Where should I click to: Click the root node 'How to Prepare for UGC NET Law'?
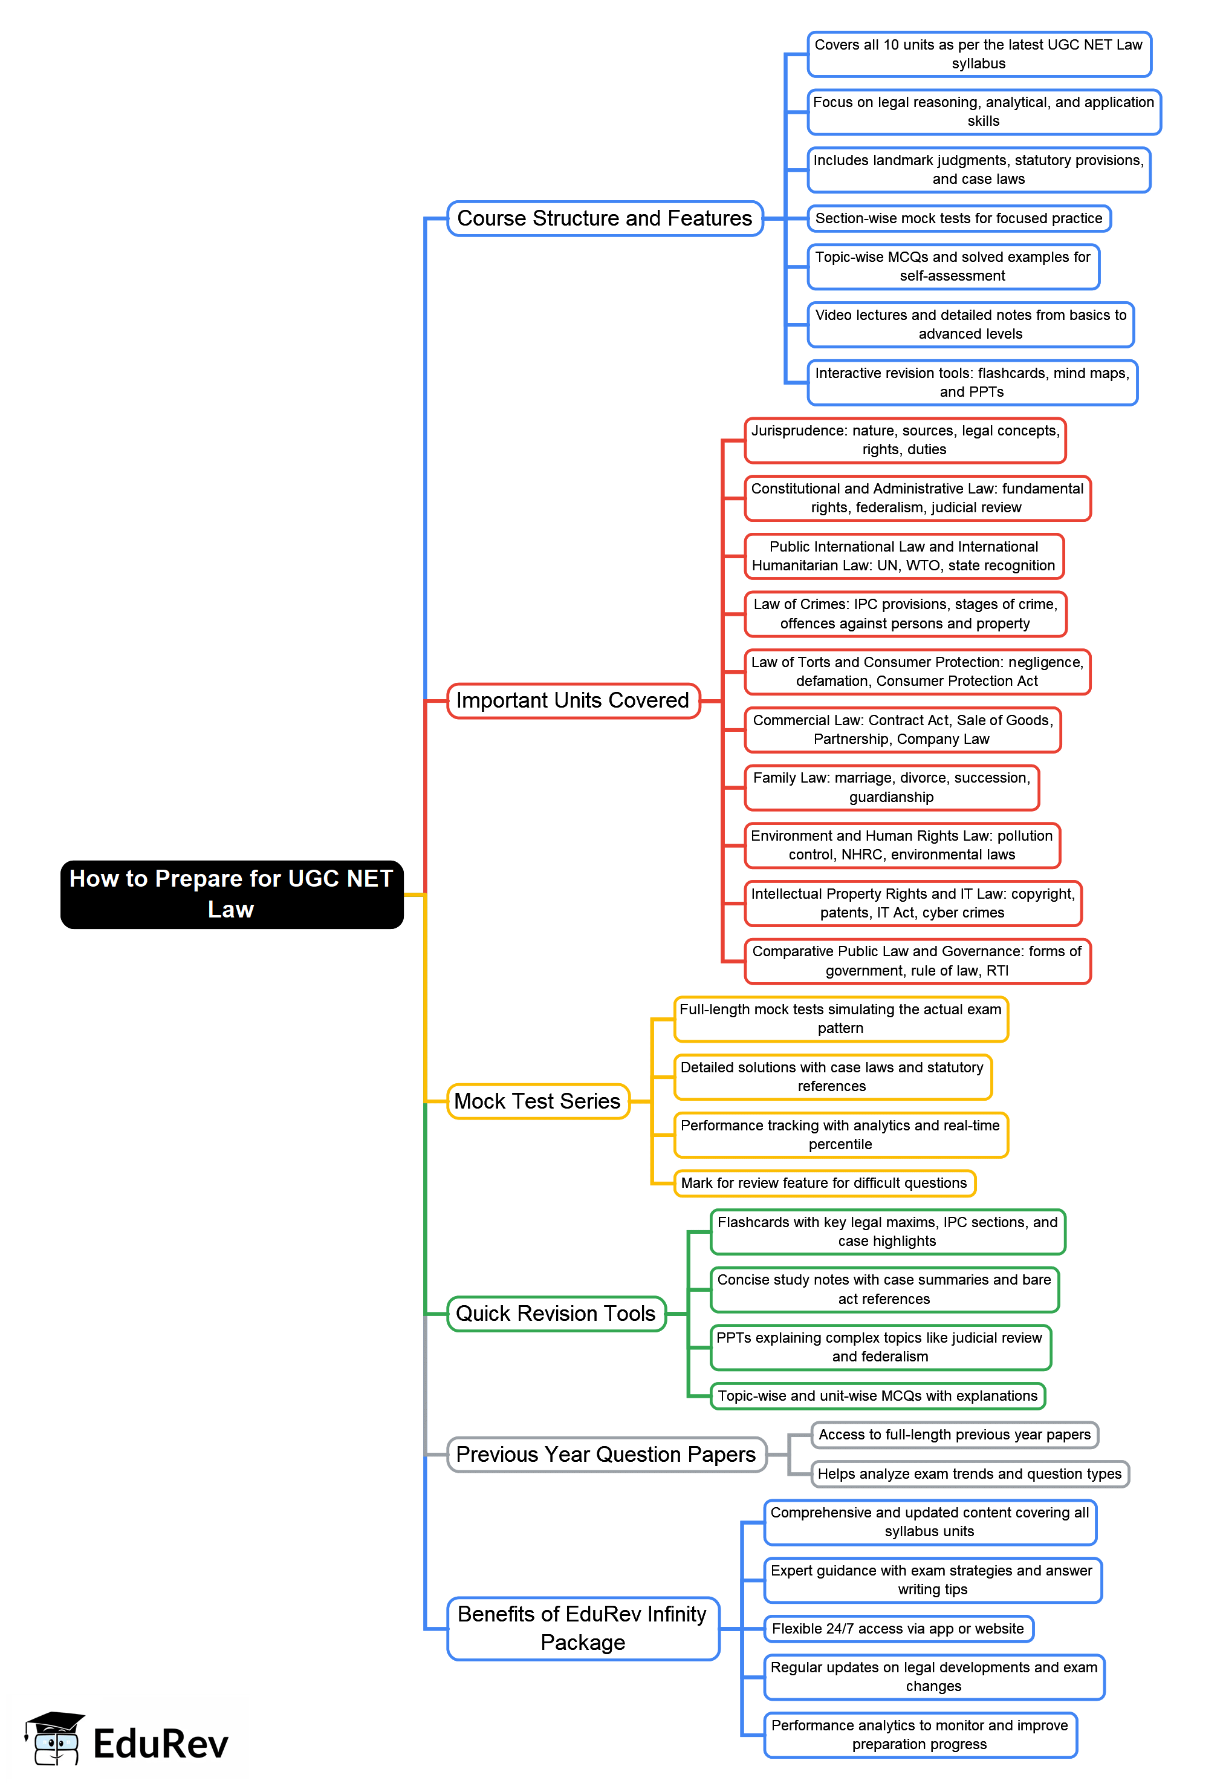[232, 894]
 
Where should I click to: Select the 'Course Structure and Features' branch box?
[604, 218]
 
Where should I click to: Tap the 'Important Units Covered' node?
[573, 700]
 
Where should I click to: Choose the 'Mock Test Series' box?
[537, 1101]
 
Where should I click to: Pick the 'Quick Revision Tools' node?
[556, 1313]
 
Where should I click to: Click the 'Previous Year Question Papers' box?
[606, 1454]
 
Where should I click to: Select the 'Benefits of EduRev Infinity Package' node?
[583, 1628]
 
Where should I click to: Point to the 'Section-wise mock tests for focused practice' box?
[958, 218]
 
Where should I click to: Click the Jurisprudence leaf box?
[904, 440]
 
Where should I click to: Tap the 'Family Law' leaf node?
[891, 787]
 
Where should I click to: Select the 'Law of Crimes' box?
[904, 614]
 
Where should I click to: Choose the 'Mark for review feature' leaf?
[823, 1183]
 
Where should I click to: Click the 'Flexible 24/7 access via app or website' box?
[897, 1628]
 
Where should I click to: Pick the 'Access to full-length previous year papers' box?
[955, 1435]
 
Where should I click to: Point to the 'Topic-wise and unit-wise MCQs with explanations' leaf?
[877, 1396]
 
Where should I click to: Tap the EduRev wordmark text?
[160, 1744]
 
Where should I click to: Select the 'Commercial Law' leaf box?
[902, 730]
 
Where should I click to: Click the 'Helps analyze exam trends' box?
[969, 1474]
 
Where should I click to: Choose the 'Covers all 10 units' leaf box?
[978, 54]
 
